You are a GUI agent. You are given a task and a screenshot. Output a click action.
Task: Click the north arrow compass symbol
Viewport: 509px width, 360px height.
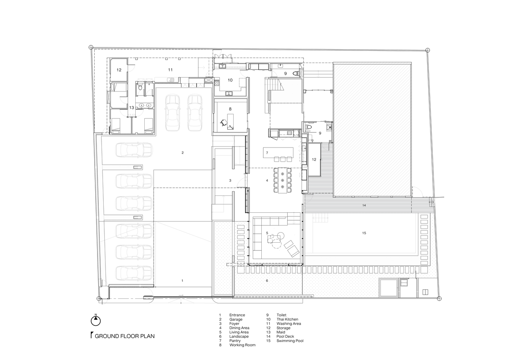96,321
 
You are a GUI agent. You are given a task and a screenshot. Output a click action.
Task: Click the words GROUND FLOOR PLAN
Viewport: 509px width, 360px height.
125,336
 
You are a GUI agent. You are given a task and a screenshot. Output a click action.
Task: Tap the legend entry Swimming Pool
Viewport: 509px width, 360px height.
290,341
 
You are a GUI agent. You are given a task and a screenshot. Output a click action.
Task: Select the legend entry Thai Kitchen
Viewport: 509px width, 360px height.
287,319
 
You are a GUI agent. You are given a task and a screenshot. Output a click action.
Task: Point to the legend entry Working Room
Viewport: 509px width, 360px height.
243,345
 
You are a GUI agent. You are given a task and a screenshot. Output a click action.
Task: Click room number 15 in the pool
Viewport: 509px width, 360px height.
364,233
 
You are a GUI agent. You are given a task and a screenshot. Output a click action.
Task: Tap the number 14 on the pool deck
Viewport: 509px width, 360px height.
364,206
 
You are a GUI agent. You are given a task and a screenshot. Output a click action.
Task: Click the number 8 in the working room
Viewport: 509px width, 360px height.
230,109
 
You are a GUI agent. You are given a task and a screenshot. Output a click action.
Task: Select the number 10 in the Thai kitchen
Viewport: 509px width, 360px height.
230,80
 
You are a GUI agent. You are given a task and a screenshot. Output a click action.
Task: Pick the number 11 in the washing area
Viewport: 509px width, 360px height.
170,70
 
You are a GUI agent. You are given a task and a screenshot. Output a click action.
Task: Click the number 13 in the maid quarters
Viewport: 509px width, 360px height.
131,108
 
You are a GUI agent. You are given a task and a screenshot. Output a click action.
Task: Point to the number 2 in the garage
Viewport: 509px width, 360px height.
183,153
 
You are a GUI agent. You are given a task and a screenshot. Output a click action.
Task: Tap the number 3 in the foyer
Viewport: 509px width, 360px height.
230,180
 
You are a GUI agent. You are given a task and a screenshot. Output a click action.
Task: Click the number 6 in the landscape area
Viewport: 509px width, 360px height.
267,281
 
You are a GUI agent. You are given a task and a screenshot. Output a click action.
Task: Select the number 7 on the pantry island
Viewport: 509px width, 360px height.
267,153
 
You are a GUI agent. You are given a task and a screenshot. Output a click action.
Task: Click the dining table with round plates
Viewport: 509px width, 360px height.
283,180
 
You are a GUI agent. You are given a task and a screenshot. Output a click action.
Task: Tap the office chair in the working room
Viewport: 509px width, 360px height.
224,122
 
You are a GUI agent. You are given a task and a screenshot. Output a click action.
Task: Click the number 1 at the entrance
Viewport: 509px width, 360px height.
182,281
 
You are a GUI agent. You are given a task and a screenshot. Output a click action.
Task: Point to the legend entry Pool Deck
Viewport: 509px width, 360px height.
285,336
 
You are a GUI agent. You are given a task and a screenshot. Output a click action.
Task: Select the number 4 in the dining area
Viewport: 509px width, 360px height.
267,180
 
